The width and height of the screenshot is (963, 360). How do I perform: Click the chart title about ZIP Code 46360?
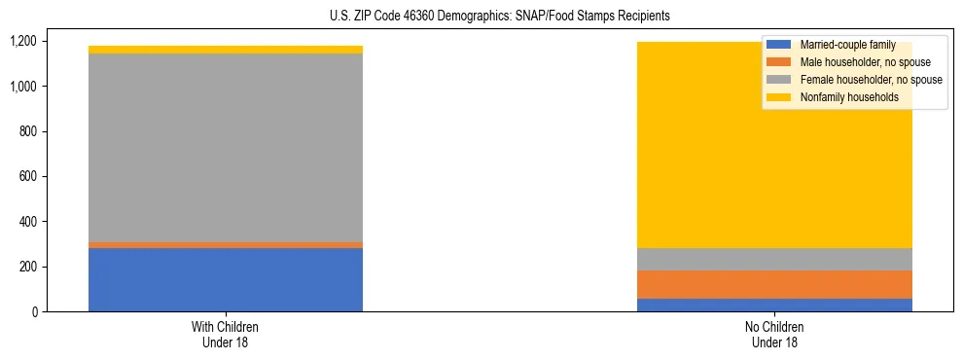pos(500,17)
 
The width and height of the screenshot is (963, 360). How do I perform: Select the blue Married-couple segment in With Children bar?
pos(226,280)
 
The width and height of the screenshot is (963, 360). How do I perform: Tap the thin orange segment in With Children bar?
pos(226,245)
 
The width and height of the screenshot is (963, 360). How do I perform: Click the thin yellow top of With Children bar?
pos(226,50)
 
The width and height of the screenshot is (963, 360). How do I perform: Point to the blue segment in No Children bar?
pos(775,305)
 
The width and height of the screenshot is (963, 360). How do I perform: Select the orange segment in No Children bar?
pos(775,284)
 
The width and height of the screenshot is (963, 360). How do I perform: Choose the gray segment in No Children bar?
pos(775,259)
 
